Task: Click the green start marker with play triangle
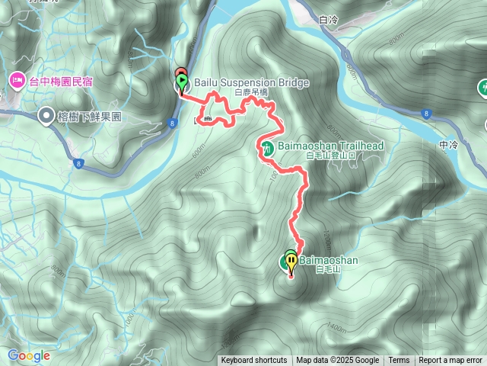click(x=182, y=79)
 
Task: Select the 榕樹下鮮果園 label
click(x=90, y=117)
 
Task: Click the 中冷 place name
click(x=448, y=144)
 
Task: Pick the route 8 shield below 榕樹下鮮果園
click(x=78, y=163)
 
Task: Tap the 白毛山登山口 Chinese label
click(x=330, y=156)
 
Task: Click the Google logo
click(x=28, y=355)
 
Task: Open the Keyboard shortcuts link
click(x=253, y=361)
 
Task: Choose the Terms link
click(x=399, y=361)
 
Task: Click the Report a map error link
click(x=451, y=361)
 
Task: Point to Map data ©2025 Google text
click(x=337, y=361)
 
